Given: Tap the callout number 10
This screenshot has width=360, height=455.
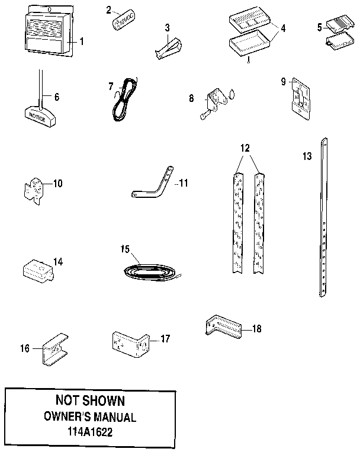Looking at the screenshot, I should pyautogui.click(x=57, y=183).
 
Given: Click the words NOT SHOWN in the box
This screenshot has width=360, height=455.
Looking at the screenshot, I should pyautogui.click(x=89, y=401).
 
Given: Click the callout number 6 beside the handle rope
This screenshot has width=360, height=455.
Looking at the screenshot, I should pyautogui.click(x=57, y=96).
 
